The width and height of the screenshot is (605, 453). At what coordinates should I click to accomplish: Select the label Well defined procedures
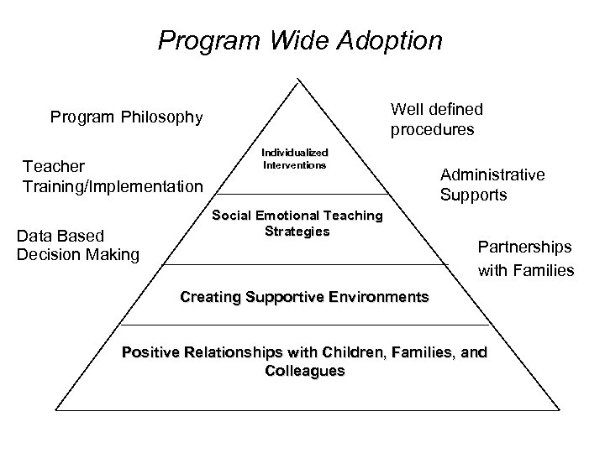coord(436,119)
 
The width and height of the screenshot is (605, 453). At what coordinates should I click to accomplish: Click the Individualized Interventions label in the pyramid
coord(294,159)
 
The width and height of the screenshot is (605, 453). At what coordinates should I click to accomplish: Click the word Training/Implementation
coord(113,185)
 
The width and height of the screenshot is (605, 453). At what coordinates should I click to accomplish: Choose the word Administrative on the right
coord(492,174)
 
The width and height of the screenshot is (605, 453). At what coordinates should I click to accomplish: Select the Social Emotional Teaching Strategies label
coord(297,223)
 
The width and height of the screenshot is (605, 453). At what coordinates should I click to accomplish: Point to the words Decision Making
coord(78,254)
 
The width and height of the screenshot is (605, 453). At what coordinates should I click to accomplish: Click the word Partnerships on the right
coord(524,247)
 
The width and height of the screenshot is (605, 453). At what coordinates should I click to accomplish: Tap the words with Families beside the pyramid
coord(526,270)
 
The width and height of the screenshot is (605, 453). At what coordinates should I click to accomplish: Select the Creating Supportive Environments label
coord(304,297)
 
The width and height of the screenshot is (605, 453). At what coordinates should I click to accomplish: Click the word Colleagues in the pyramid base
coord(304,370)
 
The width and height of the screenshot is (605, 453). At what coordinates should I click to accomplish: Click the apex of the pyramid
coord(297,79)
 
